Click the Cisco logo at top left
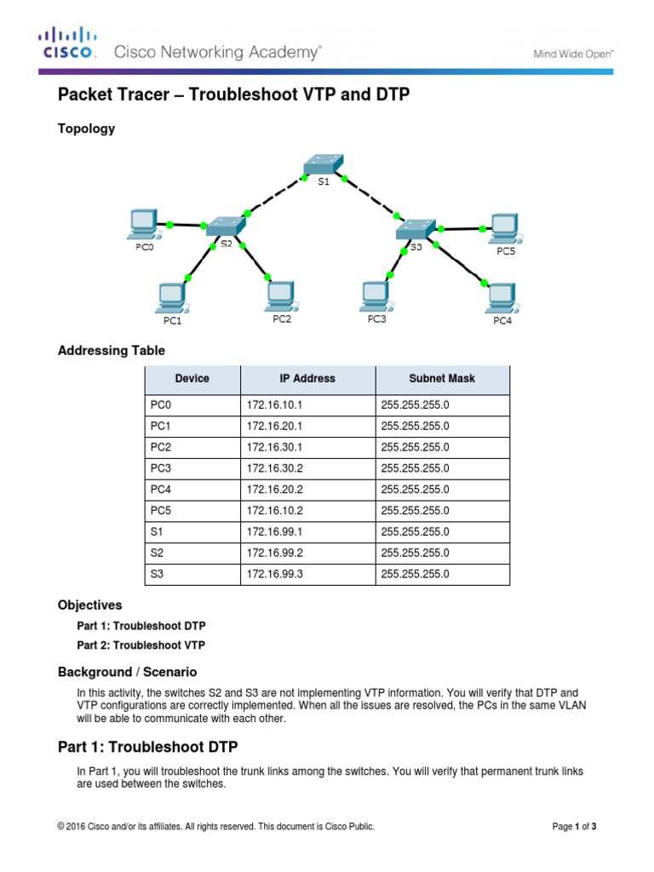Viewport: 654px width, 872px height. pos(67,43)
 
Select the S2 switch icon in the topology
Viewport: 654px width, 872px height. pos(226,226)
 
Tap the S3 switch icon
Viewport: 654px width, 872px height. pos(415,227)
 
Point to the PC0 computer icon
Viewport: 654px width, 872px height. pos(141,224)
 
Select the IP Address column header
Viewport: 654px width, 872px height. pos(307,379)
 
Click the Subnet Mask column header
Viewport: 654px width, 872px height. pos(441,379)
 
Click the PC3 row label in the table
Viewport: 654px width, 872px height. pos(161,468)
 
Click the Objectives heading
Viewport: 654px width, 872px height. pos(89,605)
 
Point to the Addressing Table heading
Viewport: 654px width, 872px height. pos(111,351)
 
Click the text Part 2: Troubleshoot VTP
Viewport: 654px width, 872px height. pos(141,645)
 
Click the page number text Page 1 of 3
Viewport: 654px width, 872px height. pos(574,826)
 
